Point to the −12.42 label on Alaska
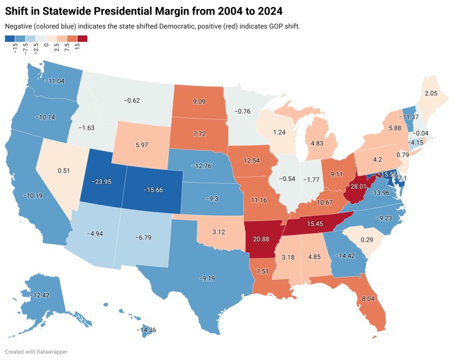(41, 297)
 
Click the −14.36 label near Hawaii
(146, 330)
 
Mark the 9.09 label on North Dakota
(198, 106)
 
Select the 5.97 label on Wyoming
(143, 145)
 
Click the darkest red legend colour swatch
(82, 38)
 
